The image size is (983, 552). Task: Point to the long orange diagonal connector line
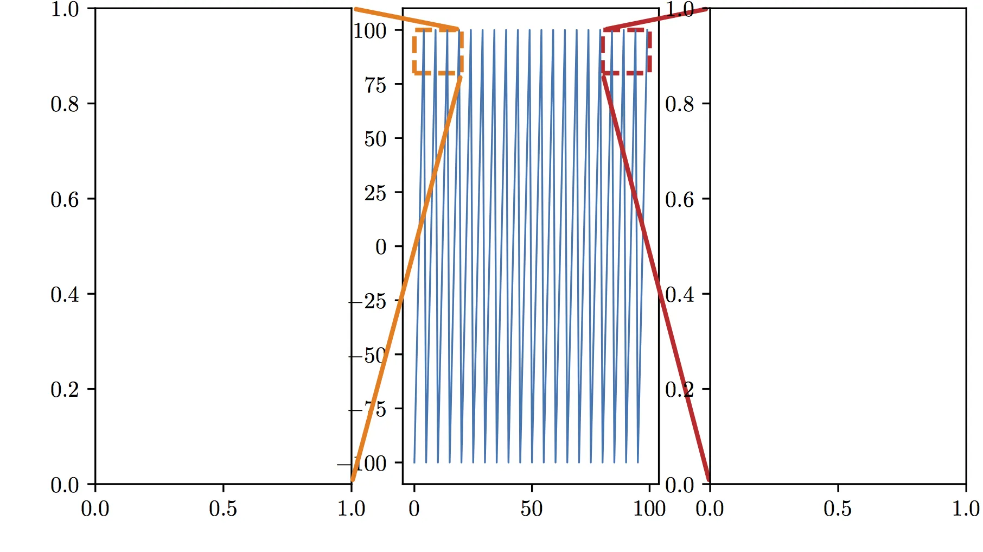pos(407,277)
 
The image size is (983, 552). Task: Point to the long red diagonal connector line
pos(656,277)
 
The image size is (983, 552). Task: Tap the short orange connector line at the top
pos(407,19)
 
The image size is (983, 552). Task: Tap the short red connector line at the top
pos(656,18)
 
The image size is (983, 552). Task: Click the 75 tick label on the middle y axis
pos(375,85)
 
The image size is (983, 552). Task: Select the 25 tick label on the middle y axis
pos(375,193)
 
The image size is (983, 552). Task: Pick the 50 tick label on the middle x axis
pos(531,509)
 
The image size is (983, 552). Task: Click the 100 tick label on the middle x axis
pos(649,509)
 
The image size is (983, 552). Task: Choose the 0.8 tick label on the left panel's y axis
pos(65,104)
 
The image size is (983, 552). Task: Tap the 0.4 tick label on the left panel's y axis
pos(65,295)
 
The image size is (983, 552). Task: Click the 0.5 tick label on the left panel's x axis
pos(223,509)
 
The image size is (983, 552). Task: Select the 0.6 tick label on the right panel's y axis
pos(679,200)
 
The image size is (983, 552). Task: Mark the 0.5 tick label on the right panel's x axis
pos(838,509)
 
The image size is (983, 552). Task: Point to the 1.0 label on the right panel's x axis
pos(966,509)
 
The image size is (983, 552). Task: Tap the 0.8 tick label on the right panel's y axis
pos(679,104)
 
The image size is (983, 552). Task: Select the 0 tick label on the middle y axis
pos(381,247)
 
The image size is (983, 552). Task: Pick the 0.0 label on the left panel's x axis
pos(95,509)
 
